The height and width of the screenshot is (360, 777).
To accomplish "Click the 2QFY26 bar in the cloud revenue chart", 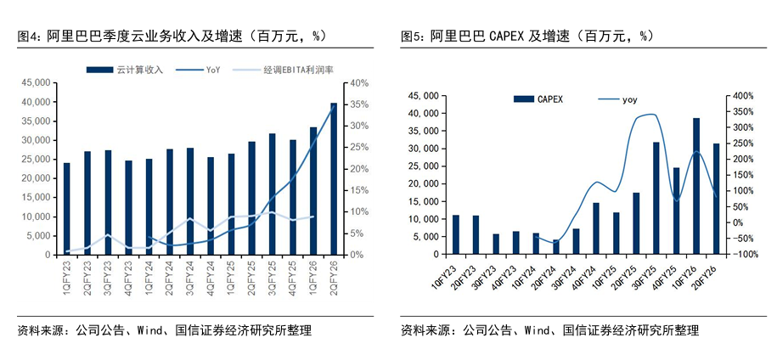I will pyautogui.click(x=333, y=178).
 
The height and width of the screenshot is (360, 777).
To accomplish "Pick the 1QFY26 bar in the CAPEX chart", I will pyautogui.click(x=696, y=186).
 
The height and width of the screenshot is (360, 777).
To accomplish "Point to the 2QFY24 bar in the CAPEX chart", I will pyautogui.click(x=555, y=246).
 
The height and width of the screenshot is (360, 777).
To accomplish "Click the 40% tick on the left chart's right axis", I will pyautogui.click(x=357, y=82).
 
